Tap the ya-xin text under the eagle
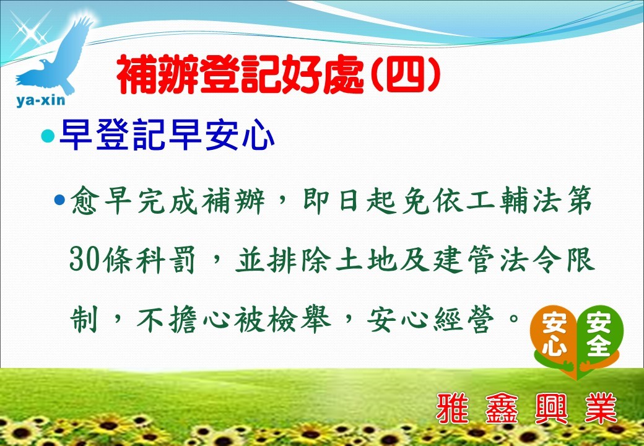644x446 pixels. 41,100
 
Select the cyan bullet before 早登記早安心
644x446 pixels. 48,136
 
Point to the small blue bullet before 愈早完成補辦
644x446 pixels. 59,200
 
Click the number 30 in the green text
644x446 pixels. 84,260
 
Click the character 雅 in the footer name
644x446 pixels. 452,408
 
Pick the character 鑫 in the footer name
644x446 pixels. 502,408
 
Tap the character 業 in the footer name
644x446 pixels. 601,408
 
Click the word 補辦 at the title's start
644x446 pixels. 158,75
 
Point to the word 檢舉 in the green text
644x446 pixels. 299,319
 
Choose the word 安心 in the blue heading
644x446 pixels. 240,136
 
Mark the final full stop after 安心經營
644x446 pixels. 514,317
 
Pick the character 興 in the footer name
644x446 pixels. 551,408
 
